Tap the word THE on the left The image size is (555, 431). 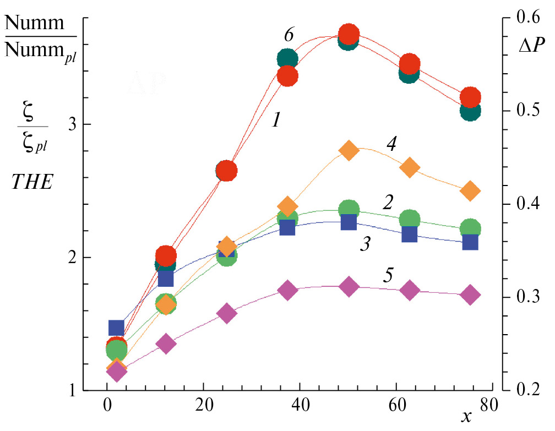(32, 183)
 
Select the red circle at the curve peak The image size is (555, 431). (348, 34)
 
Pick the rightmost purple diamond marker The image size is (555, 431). (470, 294)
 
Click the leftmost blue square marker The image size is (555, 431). (116, 328)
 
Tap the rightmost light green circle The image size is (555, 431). (470, 228)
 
